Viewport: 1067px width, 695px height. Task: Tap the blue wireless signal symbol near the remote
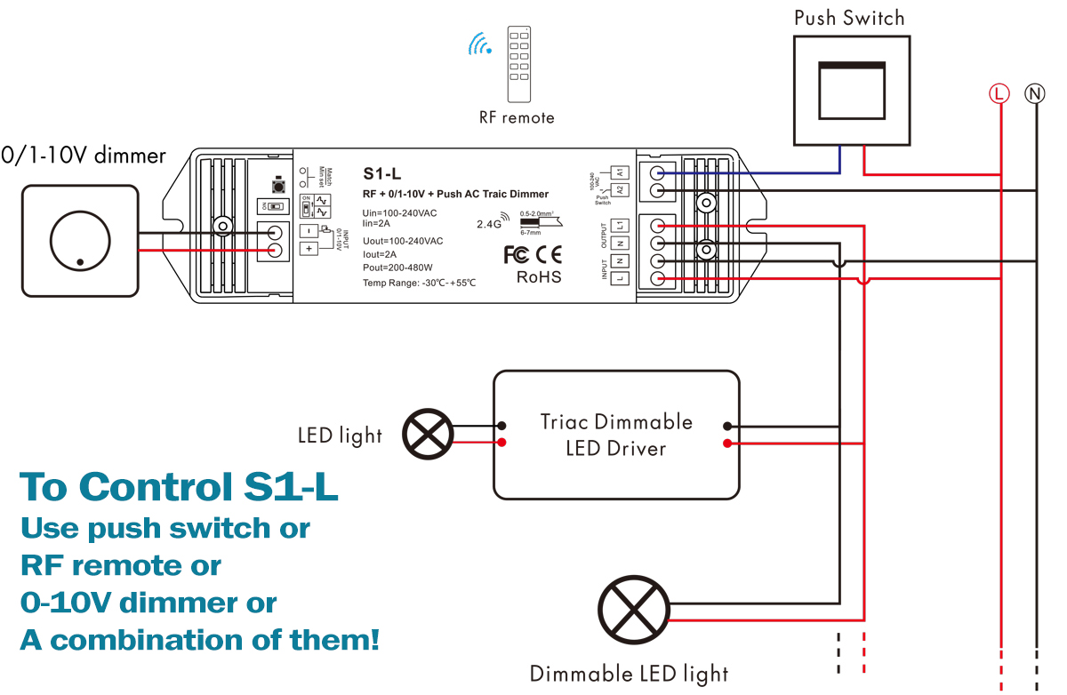(x=481, y=44)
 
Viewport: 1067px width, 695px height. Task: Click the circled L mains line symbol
(x=1000, y=92)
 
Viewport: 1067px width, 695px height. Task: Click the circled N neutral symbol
(x=1035, y=92)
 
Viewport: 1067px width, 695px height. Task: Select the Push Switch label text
(x=849, y=18)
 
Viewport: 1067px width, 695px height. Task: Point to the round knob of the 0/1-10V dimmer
(x=80, y=238)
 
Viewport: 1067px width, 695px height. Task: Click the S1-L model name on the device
(x=382, y=173)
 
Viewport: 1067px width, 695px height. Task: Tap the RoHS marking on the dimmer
(x=539, y=277)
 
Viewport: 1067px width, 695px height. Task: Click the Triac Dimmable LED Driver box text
(x=616, y=435)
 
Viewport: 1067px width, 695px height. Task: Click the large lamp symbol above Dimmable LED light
(x=634, y=610)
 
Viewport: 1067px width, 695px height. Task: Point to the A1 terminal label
(x=621, y=171)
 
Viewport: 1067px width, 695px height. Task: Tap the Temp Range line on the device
(x=419, y=283)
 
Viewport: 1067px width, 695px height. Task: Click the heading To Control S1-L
(x=179, y=486)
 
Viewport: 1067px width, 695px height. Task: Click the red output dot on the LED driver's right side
(x=728, y=443)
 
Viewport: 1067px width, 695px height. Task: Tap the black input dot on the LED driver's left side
(x=502, y=425)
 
